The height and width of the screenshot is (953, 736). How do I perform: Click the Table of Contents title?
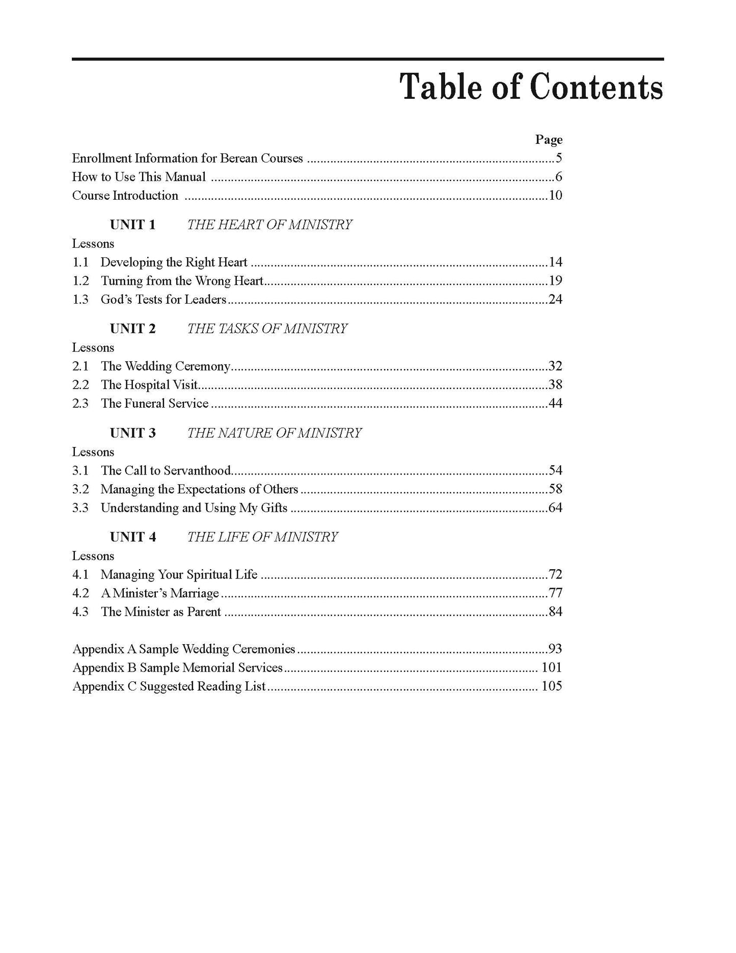coord(531,87)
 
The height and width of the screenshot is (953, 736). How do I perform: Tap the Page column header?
coord(549,140)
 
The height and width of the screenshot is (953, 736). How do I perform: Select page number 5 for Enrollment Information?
coord(559,158)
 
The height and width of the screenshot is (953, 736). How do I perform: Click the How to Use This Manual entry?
coord(139,177)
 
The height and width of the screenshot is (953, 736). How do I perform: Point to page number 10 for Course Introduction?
coord(555,196)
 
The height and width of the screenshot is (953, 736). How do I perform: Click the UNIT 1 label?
coord(132,225)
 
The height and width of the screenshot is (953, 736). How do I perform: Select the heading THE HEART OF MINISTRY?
coord(269,225)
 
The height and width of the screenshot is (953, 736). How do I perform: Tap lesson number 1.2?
coord(80,281)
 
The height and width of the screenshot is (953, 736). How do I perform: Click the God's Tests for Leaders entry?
coord(163,300)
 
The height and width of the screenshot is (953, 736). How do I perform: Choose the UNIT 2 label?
coord(132,329)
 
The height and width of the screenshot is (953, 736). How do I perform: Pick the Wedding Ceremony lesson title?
coord(166,366)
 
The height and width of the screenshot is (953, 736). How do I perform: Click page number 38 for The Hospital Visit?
coord(555,385)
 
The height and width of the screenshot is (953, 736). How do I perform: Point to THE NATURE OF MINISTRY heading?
coord(274,433)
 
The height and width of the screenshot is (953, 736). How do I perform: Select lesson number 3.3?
coord(80,508)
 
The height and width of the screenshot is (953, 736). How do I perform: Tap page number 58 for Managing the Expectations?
coord(555,489)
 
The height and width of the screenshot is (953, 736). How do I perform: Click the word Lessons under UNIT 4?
coord(93,556)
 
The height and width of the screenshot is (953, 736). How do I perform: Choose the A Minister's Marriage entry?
coord(160,593)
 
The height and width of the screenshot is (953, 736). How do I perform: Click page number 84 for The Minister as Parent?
coord(555,612)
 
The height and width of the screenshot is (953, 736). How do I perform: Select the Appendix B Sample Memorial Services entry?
coord(177,668)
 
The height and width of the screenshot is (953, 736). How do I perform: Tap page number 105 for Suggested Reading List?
coord(552,686)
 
